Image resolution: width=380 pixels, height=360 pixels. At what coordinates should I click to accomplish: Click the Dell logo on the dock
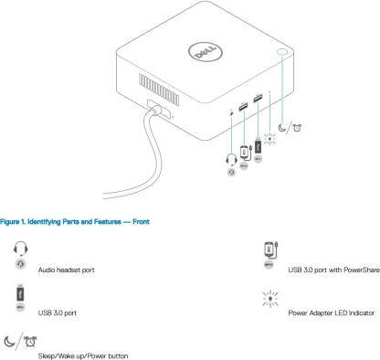206,53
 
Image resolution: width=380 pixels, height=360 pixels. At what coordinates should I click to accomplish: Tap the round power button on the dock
282,52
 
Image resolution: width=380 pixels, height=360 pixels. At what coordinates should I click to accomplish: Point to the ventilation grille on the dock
159,90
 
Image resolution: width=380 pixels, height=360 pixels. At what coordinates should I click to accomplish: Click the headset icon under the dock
231,160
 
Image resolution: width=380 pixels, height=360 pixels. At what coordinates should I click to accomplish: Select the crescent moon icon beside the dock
282,127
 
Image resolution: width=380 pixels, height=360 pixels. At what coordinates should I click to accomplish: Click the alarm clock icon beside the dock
297,128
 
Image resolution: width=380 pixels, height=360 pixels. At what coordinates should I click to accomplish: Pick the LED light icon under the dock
269,139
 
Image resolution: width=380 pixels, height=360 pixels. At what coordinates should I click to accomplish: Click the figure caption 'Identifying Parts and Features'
74,222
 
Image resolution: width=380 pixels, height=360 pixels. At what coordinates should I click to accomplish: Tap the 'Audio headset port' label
67,270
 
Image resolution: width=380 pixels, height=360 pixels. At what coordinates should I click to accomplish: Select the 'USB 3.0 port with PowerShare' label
333,270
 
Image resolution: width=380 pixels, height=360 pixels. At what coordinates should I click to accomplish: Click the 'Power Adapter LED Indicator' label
332,312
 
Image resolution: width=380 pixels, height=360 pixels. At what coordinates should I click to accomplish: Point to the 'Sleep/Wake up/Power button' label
83,355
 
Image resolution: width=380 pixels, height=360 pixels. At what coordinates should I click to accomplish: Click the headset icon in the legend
20,249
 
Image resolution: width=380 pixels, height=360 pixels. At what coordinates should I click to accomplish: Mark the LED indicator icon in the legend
270,299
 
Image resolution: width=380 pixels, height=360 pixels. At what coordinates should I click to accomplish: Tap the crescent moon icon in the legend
10,341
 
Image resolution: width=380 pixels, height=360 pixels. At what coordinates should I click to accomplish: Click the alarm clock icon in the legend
30,342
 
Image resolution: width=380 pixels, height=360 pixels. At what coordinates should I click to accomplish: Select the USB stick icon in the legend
20,293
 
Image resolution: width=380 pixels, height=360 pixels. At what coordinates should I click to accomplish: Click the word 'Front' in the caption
141,222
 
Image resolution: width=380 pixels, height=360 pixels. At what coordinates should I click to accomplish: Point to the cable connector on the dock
159,109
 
